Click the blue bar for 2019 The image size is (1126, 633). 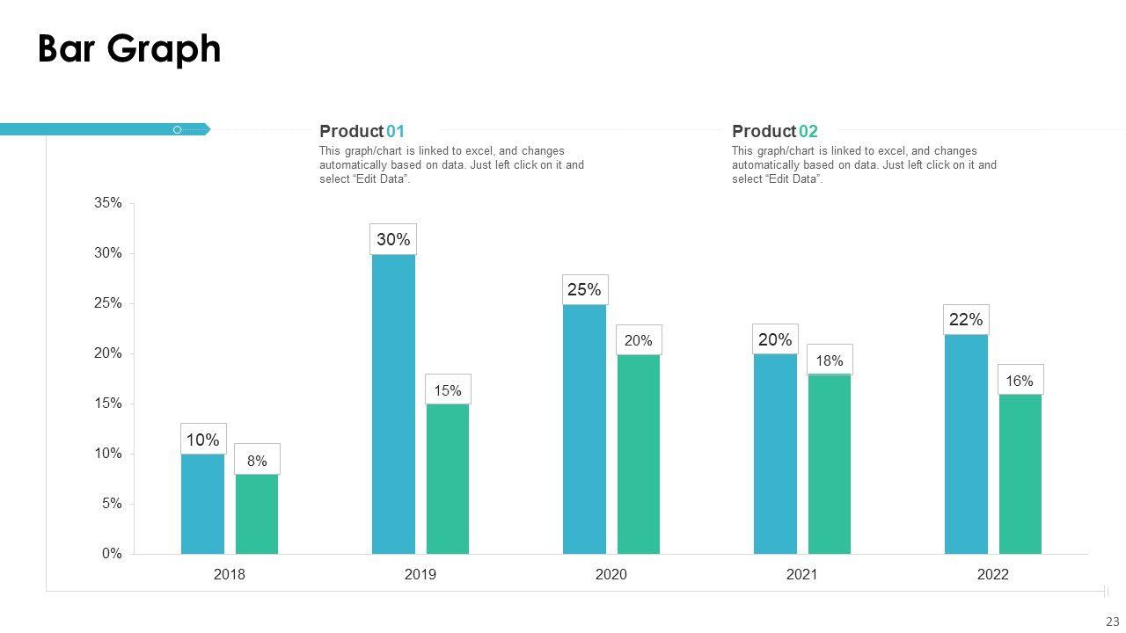(x=393, y=404)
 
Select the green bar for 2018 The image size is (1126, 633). (x=256, y=514)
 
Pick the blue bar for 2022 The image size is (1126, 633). (x=966, y=444)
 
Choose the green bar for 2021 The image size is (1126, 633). (x=829, y=464)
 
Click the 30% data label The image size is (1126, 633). (x=393, y=239)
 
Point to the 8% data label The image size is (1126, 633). (x=257, y=460)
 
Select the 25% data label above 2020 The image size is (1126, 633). (x=584, y=289)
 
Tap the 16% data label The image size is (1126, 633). (x=1020, y=381)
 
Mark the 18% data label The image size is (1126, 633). (x=829, y=360)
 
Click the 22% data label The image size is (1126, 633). (x=966, y=320)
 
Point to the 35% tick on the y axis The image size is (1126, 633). (x=108, y=203)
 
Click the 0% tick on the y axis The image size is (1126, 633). (x=112, y=554)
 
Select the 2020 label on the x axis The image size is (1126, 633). (x=611, y=575)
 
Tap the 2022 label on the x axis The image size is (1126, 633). (x=993, y=575)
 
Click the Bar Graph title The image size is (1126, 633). (x=129, y=49)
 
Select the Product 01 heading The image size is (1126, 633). (x=362, y=132)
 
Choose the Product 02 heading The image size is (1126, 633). (x=774, y=132)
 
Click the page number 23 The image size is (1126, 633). (x=1112, y=622)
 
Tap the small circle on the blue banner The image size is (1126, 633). (x=177, y=130)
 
